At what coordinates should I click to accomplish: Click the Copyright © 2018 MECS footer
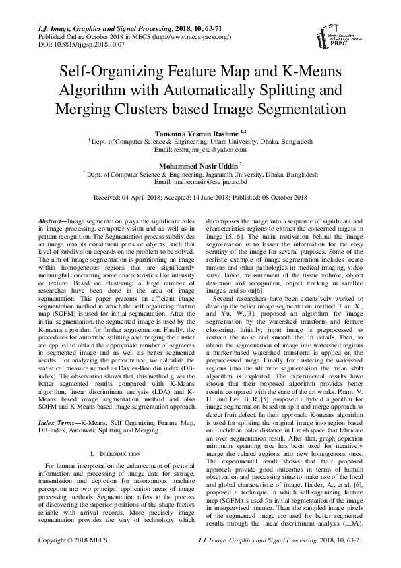(73, 560)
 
